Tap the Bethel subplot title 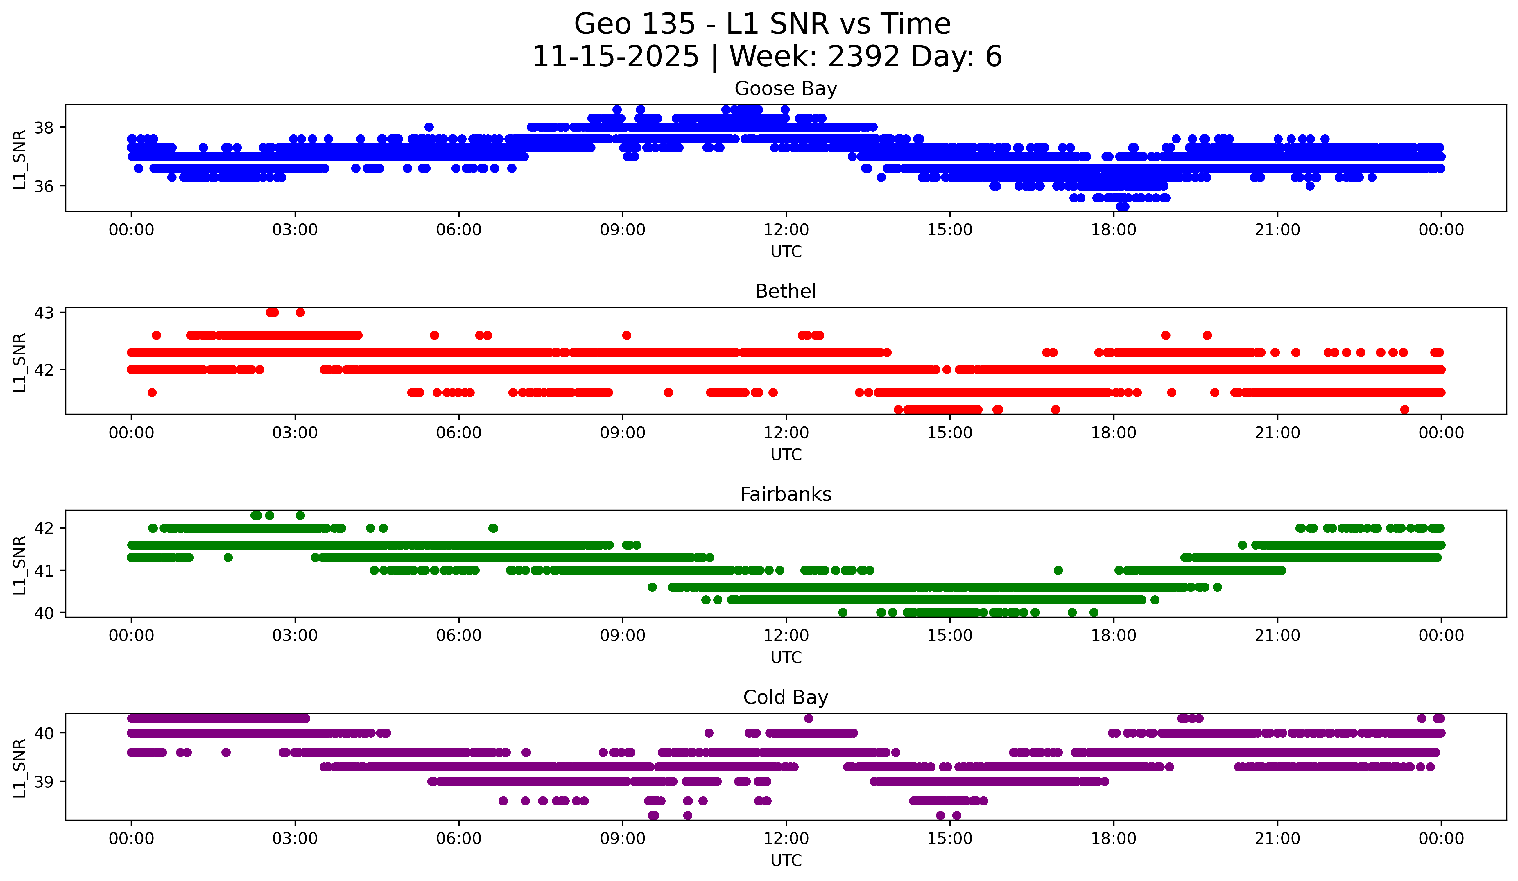coord(786,291)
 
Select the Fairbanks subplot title coord(786,494)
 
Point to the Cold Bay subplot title coord(786,697)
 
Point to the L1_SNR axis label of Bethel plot coord(19,363)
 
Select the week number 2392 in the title coord(864,57)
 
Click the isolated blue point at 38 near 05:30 coord(429,127)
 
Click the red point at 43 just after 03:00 coord(300,313)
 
